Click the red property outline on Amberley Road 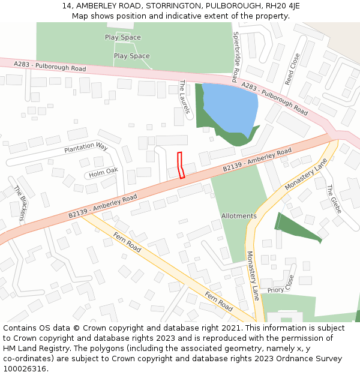pos(181,165)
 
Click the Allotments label pos(239,216)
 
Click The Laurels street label pos(184,97)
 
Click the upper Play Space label pos(123,37)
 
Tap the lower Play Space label pos(132,56)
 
